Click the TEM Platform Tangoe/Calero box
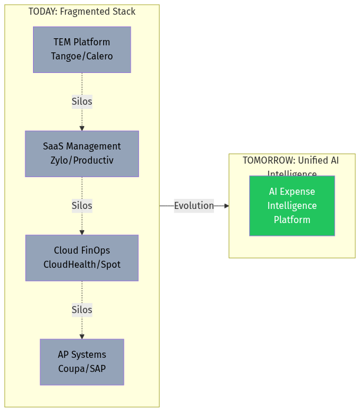coord(82,49)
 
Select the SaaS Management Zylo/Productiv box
coord(82,154)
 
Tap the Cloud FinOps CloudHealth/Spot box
coord(82,258)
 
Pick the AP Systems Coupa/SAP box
coord(82,362)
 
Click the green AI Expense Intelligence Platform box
coord(292,205)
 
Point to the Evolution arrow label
coord(194,205)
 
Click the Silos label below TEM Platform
coord(82,101)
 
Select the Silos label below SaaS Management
coord(82,205)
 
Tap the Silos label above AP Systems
coord(82,310)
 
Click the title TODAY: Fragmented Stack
coord(82,12)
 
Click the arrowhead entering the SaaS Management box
coord(82,128)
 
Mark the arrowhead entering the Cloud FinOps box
coord(82,232)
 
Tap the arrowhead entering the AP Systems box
coord(82,336)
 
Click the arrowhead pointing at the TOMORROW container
coord(226,206)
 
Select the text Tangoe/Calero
coord(82,57)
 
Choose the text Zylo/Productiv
coord(82,161)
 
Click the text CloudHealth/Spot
coord(82,265)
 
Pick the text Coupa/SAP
coord(82,369)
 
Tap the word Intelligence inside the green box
coord(292,205)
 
